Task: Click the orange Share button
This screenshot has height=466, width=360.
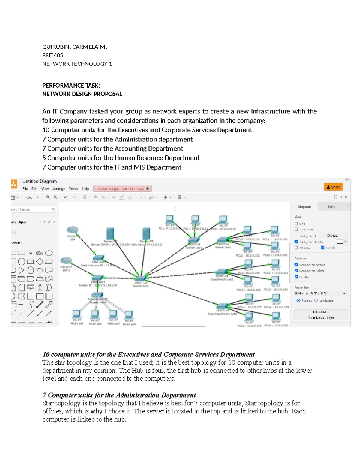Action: tap(333, 187)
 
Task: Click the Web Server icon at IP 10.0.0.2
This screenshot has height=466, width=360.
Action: tap(146, 234)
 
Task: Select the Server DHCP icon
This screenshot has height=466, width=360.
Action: tap(110, 234)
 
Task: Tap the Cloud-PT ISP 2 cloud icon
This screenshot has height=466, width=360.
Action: tap(66, 260)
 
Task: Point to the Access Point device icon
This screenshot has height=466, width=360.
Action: tap(97, 295)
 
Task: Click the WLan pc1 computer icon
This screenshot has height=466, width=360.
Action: tap(76, 314)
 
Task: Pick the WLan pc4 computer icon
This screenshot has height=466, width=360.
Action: tap(129, 315)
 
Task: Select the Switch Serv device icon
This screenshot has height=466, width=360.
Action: tap(141, 278)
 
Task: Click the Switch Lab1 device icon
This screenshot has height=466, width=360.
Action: tap(194, 240)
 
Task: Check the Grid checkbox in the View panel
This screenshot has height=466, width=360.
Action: tap(296, 224)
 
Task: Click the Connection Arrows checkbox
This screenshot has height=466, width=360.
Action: tap(296, 265)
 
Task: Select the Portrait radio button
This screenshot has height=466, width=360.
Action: tap(298, 300)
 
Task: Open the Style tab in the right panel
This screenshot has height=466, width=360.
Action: tap(331, 206)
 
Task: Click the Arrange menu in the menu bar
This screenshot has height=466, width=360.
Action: tap(59, 189)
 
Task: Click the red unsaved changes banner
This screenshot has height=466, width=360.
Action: tap(122, 189)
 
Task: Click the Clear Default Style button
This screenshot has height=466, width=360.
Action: tap(321, 318)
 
